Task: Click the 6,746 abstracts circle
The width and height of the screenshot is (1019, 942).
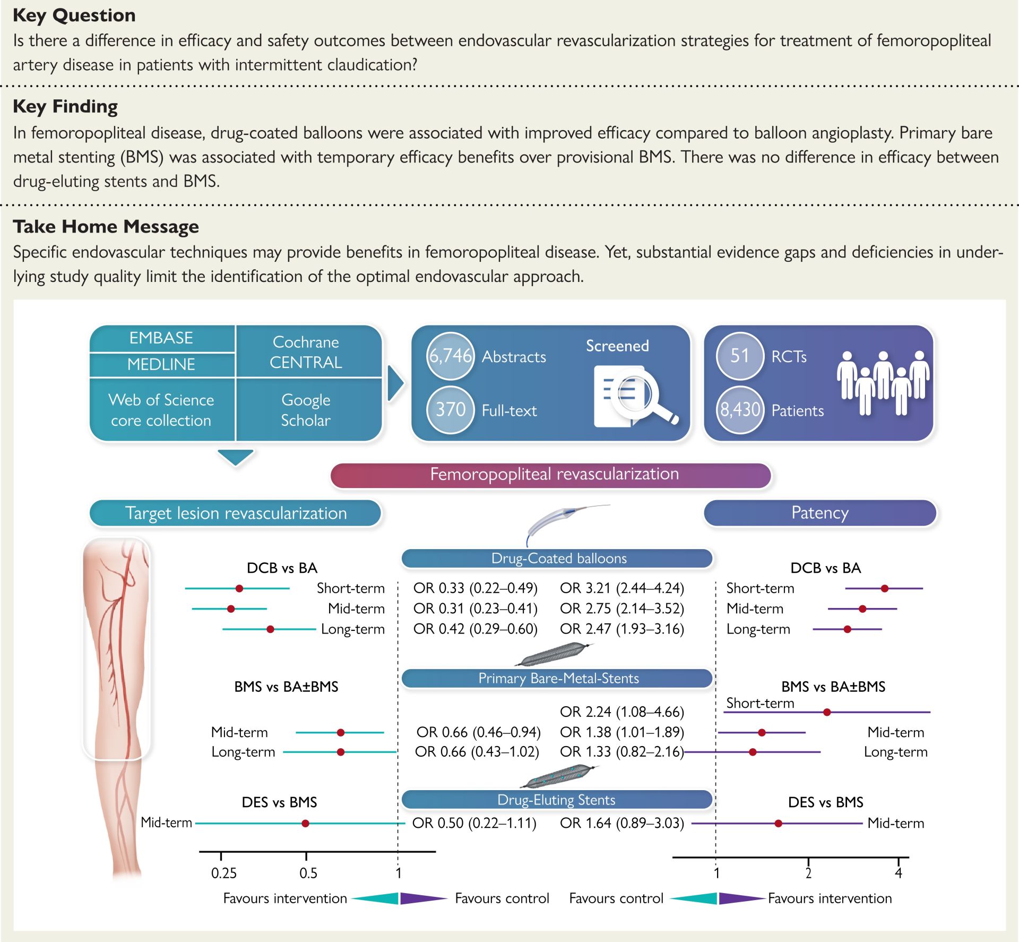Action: coord(450,356)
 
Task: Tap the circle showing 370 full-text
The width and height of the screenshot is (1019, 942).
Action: coord(450,409)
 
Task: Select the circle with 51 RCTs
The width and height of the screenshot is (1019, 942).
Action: coord(739,356)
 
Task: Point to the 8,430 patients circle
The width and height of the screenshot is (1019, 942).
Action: coord(739,409)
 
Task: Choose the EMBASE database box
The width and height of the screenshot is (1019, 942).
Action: coord(161,338)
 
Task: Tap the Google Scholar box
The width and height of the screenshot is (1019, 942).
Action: coord(306,410)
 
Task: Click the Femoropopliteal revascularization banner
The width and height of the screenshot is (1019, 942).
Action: coord(550,474)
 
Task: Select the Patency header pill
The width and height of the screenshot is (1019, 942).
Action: coord(819,513)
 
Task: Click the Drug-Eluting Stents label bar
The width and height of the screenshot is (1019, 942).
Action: coord(556,800)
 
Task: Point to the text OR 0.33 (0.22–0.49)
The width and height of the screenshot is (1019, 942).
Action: coord(476,588)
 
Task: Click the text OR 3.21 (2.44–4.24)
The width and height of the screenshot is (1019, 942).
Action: coord(622,588)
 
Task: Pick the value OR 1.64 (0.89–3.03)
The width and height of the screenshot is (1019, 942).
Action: coord(622,823)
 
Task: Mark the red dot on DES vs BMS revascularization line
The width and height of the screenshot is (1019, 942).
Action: coord(305,824)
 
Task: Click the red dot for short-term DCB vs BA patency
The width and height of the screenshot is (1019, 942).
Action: coord(884,588)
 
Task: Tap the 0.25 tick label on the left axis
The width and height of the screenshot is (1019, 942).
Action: coord(223,873)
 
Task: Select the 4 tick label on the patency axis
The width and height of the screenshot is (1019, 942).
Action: coord(899,873)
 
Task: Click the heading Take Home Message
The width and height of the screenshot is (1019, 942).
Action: coord(106,227)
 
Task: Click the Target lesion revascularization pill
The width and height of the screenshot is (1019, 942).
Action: coord(236,513)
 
